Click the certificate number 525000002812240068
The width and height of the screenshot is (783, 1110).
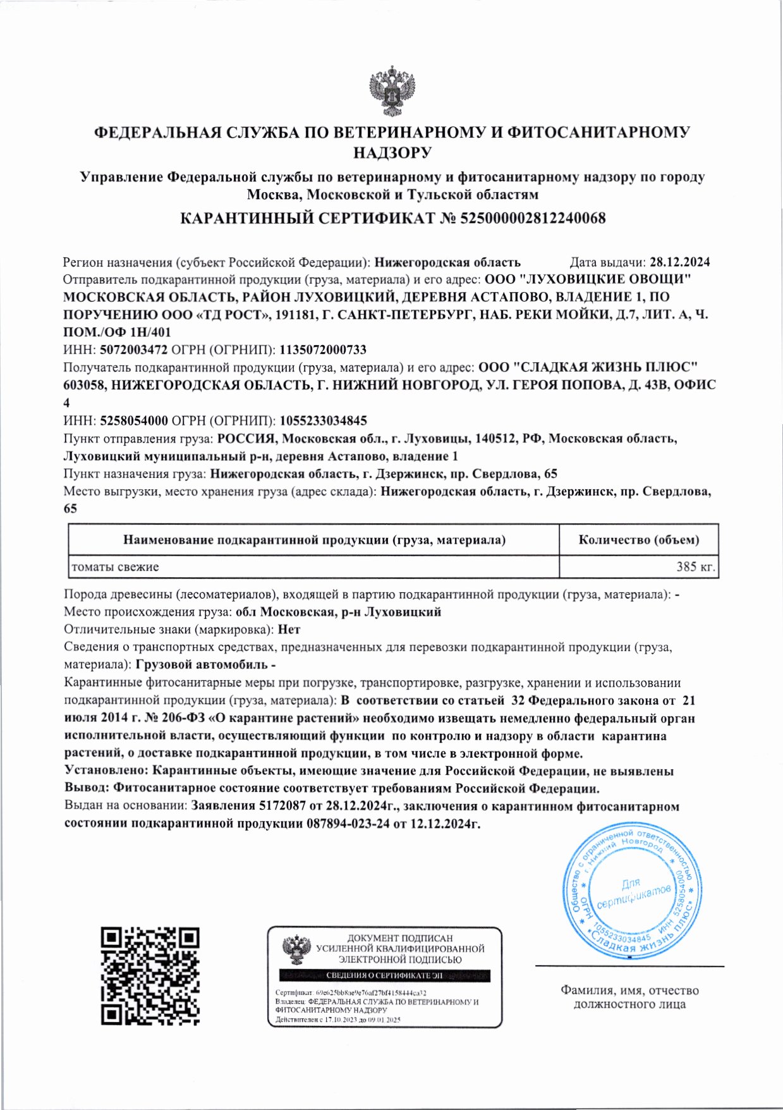point(533,219)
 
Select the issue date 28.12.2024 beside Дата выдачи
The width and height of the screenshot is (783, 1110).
point(679,262)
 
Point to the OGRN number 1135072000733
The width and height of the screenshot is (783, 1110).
point(323,350)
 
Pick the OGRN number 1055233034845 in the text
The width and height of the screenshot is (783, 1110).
point(323,420)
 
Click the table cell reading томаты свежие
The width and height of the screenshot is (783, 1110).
point(115,567)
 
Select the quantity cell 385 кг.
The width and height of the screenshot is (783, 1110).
point(695,567)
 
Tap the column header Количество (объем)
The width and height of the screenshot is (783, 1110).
point(639,540)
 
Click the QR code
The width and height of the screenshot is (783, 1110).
point(150,976)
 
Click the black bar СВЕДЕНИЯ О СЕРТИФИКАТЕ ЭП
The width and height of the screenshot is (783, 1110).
point(385,975)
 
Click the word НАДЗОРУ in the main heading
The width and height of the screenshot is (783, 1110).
point(392,152)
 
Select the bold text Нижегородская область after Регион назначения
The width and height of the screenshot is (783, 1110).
point(447,262)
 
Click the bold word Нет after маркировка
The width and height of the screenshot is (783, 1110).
point(289,630)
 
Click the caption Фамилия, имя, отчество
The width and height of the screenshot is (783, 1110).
point(629,991)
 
